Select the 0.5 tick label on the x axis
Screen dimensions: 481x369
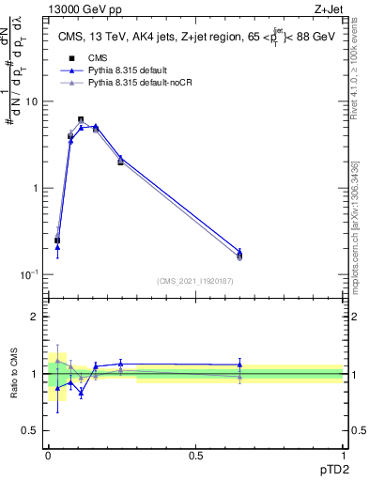point(195,455)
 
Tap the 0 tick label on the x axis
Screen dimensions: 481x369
point(48,455)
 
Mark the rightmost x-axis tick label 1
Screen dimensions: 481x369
point(343,455)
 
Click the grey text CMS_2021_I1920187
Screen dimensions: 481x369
point(195,281)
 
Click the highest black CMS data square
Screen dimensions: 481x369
point(81,119)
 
